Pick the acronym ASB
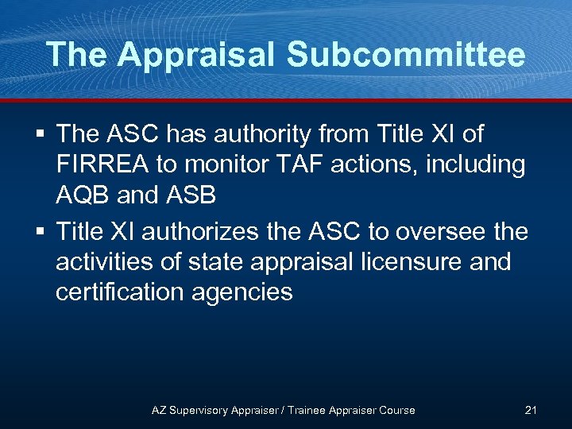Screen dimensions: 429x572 tap(189, 195)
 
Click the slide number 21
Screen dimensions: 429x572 tap(531, 410)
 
